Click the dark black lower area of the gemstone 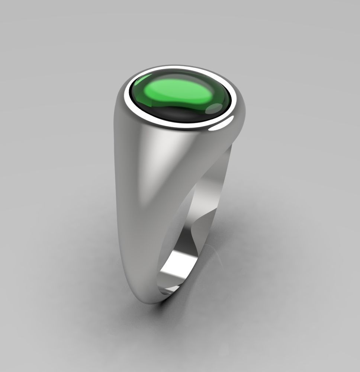tap(175, 114)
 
